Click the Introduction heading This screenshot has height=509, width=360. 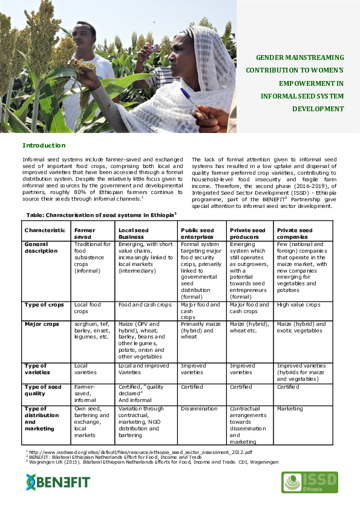[44, 146]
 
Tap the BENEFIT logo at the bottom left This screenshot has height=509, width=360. [57, 482]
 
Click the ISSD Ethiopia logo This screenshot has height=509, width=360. [309, 482]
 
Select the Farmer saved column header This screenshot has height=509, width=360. [85, 233]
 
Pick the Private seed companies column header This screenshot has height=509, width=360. [295, 233]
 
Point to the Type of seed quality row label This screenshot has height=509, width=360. [44, 390]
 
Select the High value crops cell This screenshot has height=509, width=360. [298, 305]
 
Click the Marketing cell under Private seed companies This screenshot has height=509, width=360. [290, 409]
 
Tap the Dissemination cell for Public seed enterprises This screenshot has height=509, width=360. [199, 409]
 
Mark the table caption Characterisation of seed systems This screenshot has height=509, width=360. [101, 215]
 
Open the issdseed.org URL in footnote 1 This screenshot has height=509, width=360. [142, 452]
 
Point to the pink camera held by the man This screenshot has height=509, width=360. [152, 47]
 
